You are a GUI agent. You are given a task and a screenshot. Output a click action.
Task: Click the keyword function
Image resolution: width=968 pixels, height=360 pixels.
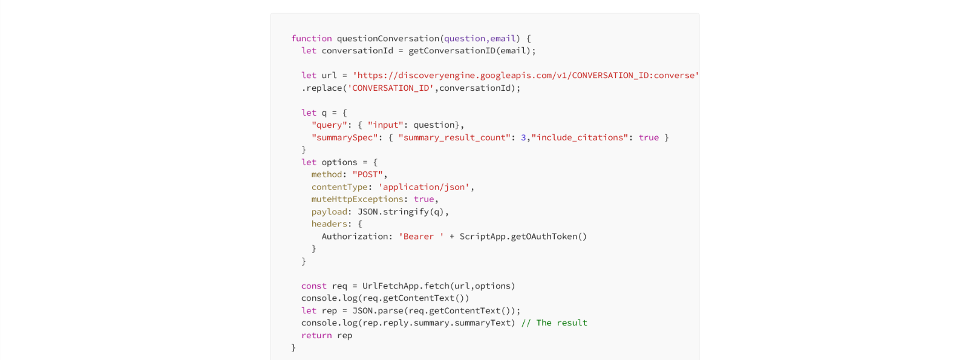[x=312, y=39]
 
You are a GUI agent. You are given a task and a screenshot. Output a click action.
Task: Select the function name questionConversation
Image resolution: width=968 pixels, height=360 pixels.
[x=388, y=39]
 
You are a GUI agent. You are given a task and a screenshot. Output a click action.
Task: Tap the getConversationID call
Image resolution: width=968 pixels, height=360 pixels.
[x=451, y=51]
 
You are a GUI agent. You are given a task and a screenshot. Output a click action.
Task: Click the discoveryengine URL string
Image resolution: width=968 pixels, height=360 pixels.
[x=526, y=76]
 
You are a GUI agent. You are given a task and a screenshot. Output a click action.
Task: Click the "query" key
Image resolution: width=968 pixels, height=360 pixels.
[x=329, y=125]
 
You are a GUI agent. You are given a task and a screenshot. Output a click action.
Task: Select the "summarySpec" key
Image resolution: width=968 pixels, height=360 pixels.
[x=344, y=138]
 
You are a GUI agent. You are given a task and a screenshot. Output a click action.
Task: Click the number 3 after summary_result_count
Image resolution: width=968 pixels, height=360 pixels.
[x=523, y=138]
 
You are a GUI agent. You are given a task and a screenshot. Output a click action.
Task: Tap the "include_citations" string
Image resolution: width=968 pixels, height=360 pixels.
[x=580, y=138]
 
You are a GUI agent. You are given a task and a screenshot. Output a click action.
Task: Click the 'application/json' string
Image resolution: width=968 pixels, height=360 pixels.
[x=423, y=187]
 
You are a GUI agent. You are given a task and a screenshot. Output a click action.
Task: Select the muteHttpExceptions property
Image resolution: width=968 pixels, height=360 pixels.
[x=358, y=199]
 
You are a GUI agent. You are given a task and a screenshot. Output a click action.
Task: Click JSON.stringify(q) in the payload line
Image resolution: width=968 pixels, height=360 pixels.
[x=401, y=212]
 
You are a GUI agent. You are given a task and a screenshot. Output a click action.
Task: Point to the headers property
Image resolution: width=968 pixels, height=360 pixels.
[x=329, y=224]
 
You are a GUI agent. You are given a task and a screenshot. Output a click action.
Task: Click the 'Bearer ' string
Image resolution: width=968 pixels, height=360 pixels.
[x=421, y=237]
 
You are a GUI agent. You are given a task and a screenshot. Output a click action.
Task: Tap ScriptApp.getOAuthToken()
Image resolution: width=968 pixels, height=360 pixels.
[x=523, y=237]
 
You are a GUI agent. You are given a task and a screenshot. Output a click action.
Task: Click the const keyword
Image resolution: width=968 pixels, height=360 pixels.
[x=314, y=286]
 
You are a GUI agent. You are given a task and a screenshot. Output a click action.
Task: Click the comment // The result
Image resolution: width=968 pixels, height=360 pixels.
[x=554, y=323]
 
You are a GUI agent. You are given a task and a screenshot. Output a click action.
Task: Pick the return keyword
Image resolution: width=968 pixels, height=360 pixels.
[x=316, y=335]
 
